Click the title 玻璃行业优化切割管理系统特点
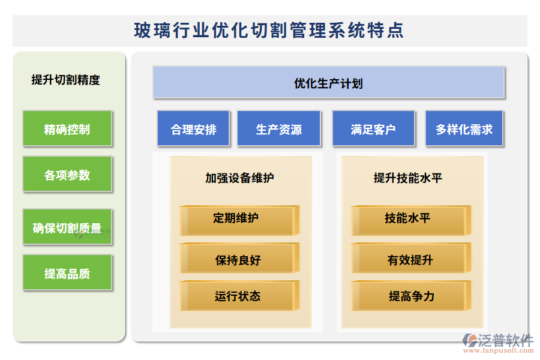click(269, 31)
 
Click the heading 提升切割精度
click(66, 80)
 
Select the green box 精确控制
click(67, 128)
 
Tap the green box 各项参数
click(67, 175)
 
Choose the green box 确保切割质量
click(67, 227)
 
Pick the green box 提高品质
click(67, 274)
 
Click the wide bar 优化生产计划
click(329, 83)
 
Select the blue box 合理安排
click(193, 129)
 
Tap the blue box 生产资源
click(278, 129)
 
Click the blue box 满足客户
click(373, 129)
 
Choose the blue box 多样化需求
click(464, 129)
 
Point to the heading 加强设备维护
click(239, 178)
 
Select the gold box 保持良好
click(236, 259)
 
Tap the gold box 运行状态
click(236, 296)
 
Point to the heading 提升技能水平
click(408, 178)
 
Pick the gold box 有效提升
click(408, 259)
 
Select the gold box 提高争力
click(408, 296)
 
